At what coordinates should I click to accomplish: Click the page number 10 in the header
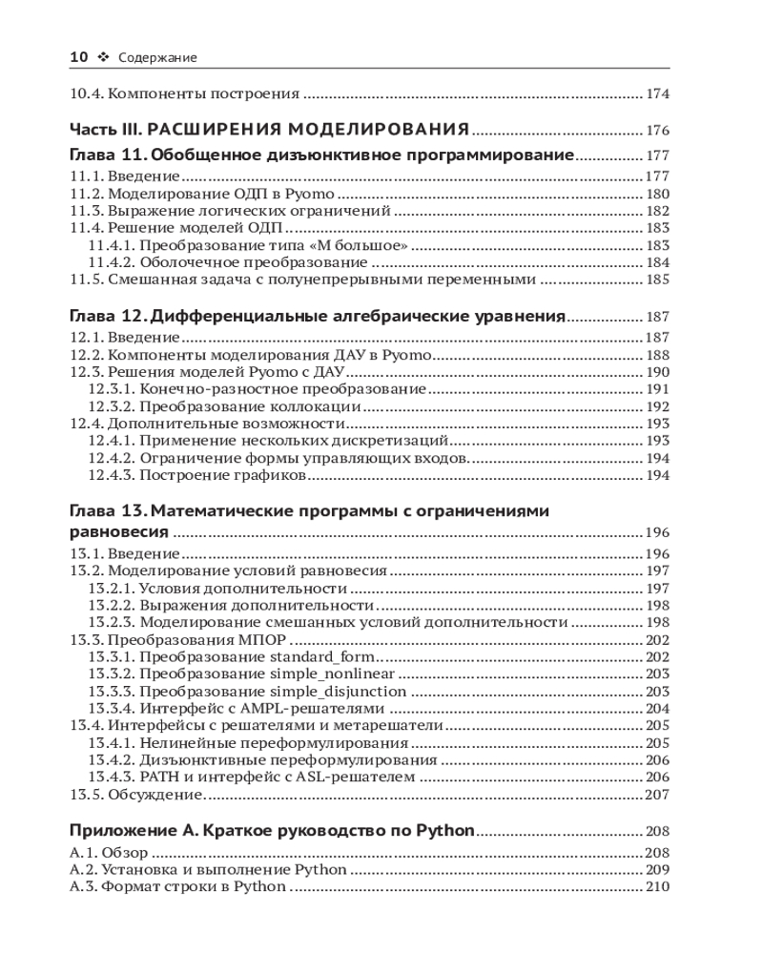click(x=79, y=57)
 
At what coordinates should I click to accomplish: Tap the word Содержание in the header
click(x=157, y=58)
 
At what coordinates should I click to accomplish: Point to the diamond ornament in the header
click(x=104, y=57)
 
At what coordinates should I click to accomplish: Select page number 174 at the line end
click(x=657, y=94)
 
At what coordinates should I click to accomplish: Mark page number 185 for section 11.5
click(x=657, y=280)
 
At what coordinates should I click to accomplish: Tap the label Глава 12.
click(x=108, y=317)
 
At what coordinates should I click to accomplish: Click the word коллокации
click(x=287, y=406)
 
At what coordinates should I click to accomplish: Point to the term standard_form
click(x=323, y=656)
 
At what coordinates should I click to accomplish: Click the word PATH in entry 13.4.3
click(x=157, y=777)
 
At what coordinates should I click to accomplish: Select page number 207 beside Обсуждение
click(x=657, y=794)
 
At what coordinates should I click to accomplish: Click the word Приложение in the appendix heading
click(x=121, y=830)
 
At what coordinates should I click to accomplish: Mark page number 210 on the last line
click(x=657, y=887)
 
